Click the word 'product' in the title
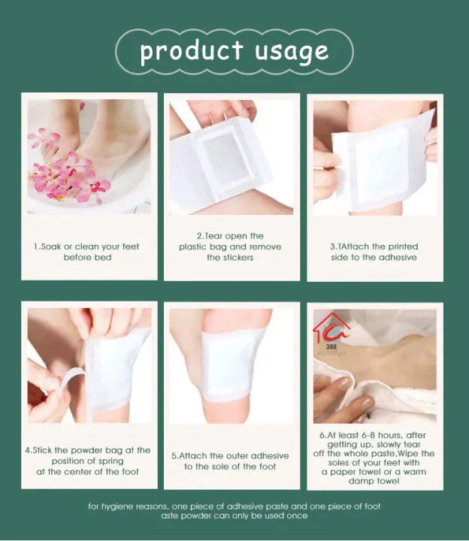192,51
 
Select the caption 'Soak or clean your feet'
87,246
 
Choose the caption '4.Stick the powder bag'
87,450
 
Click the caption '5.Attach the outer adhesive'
230,455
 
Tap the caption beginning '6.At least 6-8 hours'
374,434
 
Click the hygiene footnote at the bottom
234,511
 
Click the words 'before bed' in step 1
87,258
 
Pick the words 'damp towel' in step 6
374,481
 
